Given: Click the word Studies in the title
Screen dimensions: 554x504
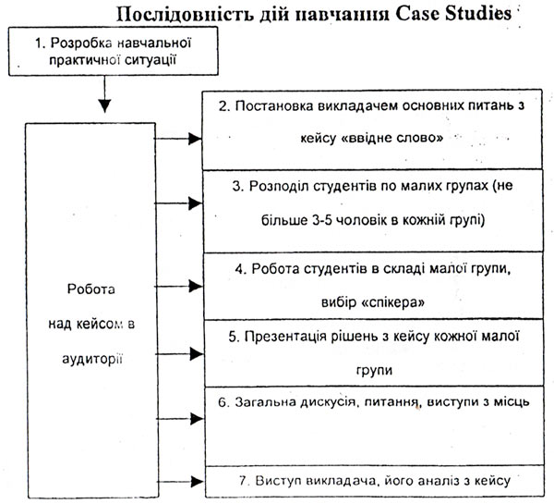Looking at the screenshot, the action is pyautogui.click(x=478, y=14).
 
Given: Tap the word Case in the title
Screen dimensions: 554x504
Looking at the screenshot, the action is pyautogui.click(x=417, y=14).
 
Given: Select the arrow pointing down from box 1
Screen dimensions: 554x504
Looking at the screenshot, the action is pyautogui.click(x=104, y=93).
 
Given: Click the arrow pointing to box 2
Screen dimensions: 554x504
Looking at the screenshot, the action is pyautogui.click(x=178, y=139).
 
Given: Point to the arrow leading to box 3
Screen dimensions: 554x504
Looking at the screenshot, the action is pyautogui.click(x=178, y=203).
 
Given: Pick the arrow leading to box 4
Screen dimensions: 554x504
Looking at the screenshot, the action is pyautogui.click(x=178, y=286).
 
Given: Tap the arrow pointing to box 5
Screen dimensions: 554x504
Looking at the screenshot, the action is pyautogui.click(x=179, y=354).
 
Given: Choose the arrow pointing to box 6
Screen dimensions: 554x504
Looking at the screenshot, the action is pyautogui.click(x=180, y=419).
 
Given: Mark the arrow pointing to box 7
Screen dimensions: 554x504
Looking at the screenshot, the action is pyautogui.click(x=180, y=482).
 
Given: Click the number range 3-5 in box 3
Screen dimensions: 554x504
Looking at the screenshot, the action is pyautogui.click(x=322, y=220).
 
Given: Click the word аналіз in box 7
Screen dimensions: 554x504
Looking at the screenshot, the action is pyautogui.click(x=438, y=481).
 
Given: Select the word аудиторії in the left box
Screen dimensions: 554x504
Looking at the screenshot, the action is pyautogui.click(x=92, y=359).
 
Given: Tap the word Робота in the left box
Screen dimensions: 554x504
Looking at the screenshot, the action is pyautogui.click(x=91, y=289).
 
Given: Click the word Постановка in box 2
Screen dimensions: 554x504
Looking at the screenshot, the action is pyautogui.click(x=274, y=105).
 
